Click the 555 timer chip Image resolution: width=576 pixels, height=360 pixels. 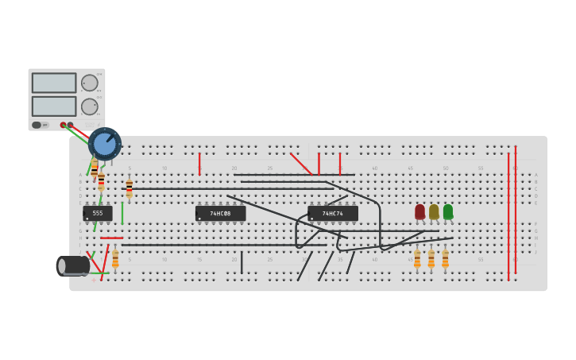tap(98, 213)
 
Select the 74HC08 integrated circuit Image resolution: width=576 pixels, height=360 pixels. tap(220, 213)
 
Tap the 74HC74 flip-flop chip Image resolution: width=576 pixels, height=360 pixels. tap(333, 213)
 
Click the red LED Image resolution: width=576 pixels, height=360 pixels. tap(420, 211)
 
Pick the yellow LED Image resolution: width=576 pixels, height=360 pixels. tap(434, 211)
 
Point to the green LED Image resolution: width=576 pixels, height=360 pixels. tap(448, 211)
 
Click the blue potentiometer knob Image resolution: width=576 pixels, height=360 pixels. tap(105, 144)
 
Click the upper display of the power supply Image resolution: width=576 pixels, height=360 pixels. tap(54, 83)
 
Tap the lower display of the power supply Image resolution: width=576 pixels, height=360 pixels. tap(54, 106)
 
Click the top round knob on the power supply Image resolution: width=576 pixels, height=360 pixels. tap(90, 83)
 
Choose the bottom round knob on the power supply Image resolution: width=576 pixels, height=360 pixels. tap(90, 106)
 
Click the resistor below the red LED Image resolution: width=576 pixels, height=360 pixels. tap(417, 259)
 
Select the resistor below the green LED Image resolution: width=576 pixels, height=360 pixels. tap(445, 259)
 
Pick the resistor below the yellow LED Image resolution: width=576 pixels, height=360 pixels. tap(431, 259)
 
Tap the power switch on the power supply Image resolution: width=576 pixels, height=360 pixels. tap(37, 125)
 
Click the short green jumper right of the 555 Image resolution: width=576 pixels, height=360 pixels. tap(122, 213)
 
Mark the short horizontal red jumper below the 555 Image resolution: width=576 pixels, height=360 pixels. tap(111, 238)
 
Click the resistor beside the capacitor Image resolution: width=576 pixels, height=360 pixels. tap(115, 259)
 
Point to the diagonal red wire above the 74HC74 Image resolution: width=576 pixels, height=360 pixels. tap(301, 164)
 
